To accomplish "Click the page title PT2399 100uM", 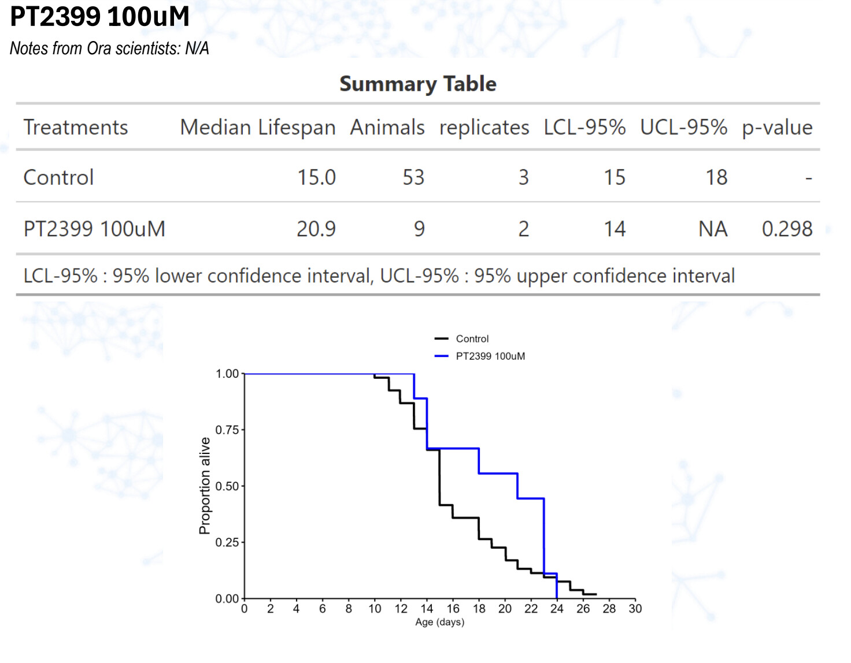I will point(100,16).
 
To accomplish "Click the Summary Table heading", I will point(417,84).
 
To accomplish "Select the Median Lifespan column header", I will point(257,127).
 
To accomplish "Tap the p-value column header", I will point(776,127).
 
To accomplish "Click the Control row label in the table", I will point(58,177).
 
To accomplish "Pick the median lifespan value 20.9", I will point(316,229).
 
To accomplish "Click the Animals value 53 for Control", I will point(413,177).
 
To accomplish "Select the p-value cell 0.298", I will point(787,229).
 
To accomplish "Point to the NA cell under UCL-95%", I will point(712,229).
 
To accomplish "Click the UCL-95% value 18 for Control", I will point(716,177).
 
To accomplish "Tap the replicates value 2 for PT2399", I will point(523,229).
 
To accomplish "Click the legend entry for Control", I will point(472,339).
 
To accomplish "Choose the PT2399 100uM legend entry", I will point(490,356).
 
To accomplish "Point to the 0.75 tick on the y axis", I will point(227,430).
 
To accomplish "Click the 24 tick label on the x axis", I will point(557,609).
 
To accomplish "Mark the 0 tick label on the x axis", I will point(245,609).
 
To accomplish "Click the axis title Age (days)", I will point(439,622).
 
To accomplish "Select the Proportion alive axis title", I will point(205,486).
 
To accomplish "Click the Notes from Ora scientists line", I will point(109,49).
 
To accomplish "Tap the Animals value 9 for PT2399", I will point(419,229).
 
